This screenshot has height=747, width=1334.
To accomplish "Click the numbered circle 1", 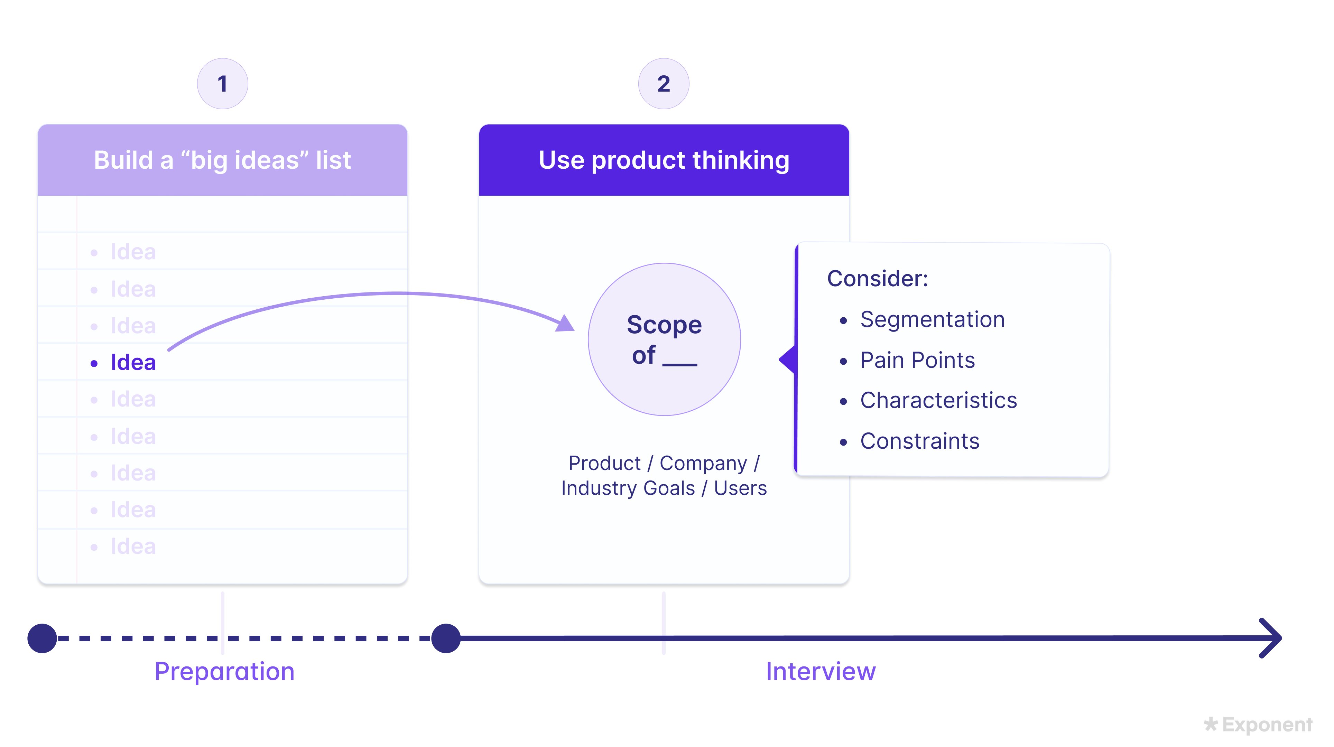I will tap(222, 84).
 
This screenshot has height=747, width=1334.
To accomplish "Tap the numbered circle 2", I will tap(664, 84).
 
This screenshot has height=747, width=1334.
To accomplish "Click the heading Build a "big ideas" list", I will tap(222, 160).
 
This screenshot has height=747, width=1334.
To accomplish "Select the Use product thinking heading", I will tap(664, 160).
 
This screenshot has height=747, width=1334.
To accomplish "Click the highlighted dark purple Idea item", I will tap(133, 362).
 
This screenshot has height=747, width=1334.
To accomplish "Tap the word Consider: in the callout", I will tap(877, 279).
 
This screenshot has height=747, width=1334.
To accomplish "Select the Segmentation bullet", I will tap(932, 319).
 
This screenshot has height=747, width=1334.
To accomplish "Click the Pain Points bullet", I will tap(917, 360).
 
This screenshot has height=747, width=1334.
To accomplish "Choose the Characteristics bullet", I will tap(938, 400).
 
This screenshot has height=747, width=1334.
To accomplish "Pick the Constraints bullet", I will tap(920, 441).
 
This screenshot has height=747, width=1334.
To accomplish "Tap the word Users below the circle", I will tap(740, 488).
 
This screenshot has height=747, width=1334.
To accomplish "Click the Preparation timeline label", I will tap(224, 671).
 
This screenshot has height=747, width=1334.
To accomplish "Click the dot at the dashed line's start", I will tap(42, 638).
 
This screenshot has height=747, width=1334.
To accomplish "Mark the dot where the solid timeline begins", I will tap(446, 638).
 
